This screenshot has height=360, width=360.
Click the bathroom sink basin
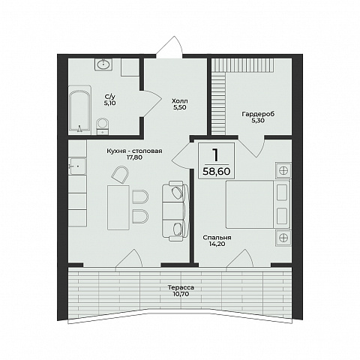click(103, 64)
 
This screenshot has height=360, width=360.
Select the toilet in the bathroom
click(102, 127)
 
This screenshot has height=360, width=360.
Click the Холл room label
click(180, 101)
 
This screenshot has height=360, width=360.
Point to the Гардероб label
click(258, 114)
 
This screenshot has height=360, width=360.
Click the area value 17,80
click(135, 157)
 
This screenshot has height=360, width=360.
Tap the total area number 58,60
click(217, 172)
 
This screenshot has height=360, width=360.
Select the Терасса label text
click(181, 287)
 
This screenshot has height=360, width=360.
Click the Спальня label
click(217, 238)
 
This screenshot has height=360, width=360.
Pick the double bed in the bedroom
click(258, 205)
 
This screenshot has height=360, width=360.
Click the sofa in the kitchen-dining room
click(175, 211)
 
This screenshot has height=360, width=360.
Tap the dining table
click(118, 208)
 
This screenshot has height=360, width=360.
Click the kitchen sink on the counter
click(77, 166)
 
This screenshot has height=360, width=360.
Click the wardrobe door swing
click(252, 147)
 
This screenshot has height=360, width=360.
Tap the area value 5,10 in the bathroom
click(110, 103)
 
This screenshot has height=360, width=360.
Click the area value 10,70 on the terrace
click(181, 294)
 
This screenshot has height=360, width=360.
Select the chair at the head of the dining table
click(120, 175)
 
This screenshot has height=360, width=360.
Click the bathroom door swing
click(151, 103)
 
